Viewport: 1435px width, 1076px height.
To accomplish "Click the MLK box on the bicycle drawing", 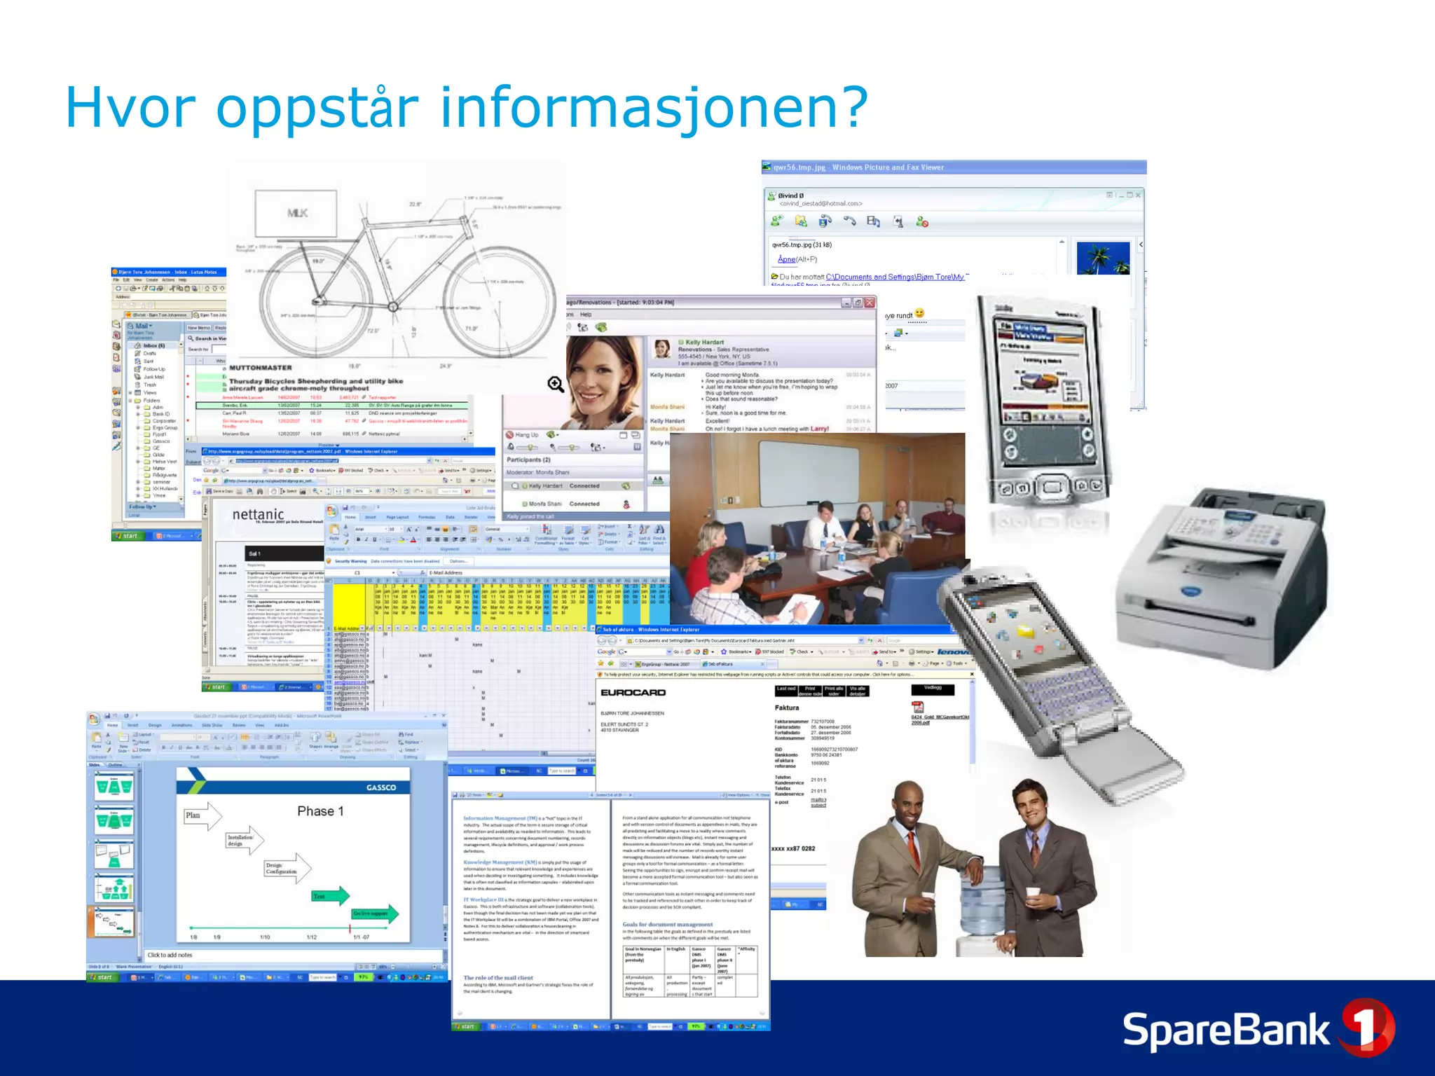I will tap(296, 213).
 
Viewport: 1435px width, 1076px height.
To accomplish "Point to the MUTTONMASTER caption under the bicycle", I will tap(260, 368).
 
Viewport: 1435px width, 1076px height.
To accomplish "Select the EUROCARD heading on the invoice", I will tap(633, 693).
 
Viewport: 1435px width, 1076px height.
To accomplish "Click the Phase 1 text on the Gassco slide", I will tap(320, 811).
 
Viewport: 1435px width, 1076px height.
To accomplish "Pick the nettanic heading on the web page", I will tap(258, 514).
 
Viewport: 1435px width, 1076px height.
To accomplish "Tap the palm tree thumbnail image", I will tap(1102, 258).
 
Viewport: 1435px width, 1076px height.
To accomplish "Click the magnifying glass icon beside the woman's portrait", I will tap(556, 384).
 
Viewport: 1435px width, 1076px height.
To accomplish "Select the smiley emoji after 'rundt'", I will tap(919, 313).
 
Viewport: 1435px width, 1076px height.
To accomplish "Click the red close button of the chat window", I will tap(870, 303).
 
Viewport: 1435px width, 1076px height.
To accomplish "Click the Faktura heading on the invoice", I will tap(787, 708).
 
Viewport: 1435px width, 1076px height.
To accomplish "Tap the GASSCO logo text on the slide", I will tap(381, 787).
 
